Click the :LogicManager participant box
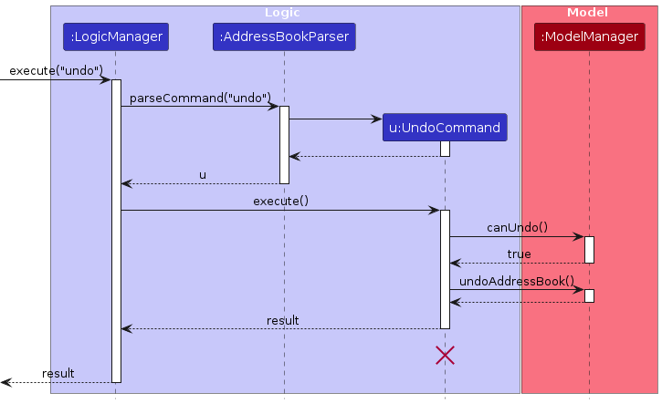click(116, 37)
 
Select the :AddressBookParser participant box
click(284, 37)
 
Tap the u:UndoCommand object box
click(445, 128)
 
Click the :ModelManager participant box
click(588, 37)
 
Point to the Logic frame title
click(282, 13)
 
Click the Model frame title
click(588, 13)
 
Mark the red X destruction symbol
click(445, 356)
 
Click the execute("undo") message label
click(56, 70)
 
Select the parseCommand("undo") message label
click(200, 97)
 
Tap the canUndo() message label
click(517, 227)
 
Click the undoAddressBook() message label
click(517, 281)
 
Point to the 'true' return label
click(519, 254)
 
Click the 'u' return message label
click(202, 174)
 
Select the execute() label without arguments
click(280, 201)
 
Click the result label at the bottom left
click(58, 373)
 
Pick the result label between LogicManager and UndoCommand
click(282, 320)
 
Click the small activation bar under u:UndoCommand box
click(445, 149)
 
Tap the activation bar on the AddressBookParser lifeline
click(284, 144)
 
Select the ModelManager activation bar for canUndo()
click(589, 250)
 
